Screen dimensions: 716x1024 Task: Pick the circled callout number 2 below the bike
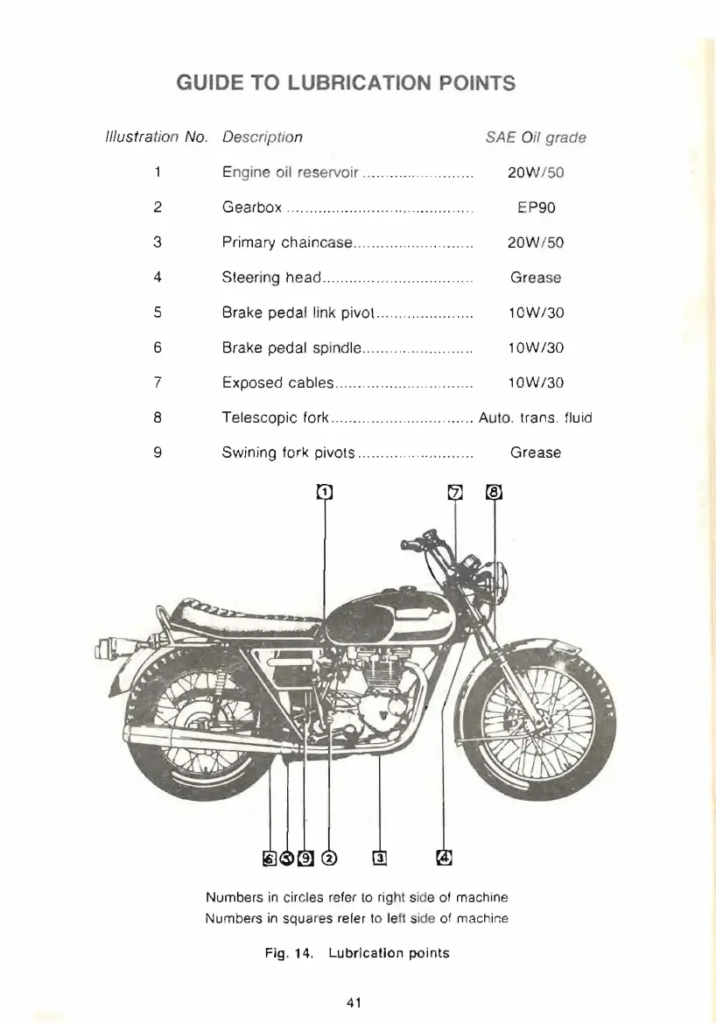tap(329, 857)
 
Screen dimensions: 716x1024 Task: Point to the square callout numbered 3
tap(379, 857)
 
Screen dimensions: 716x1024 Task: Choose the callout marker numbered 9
tap(304, 857)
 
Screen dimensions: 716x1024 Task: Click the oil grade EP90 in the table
tap(535, 207)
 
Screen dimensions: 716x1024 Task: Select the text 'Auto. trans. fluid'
tap(535, 417)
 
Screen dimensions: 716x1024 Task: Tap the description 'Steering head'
tap(272, 277)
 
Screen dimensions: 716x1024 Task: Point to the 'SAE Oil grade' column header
tap(535, 137)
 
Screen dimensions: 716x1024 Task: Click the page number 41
tap(357, 1001)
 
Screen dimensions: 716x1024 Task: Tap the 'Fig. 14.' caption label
tap(287, 953)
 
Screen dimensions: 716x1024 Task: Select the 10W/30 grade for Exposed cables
tap(535, 382)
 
